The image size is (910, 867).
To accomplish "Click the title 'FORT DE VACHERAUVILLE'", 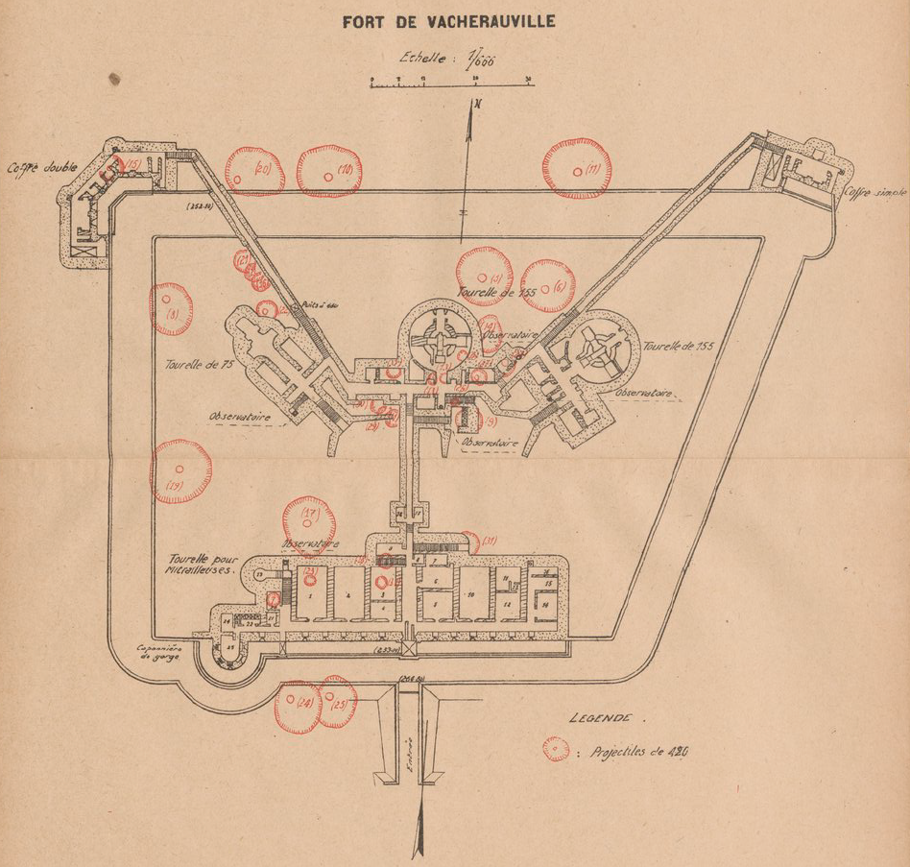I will [448, 21].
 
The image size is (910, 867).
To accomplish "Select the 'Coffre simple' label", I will [874, 192].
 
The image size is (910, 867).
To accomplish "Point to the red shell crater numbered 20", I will [254, 171].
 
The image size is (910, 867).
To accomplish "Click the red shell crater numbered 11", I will [577, 169].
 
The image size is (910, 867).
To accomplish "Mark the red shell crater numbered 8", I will [172, 309].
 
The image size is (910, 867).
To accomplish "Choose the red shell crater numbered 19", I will [180, 471].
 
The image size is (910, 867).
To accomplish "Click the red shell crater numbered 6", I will [548, 285].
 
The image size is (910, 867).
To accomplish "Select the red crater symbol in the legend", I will [555, 749].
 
